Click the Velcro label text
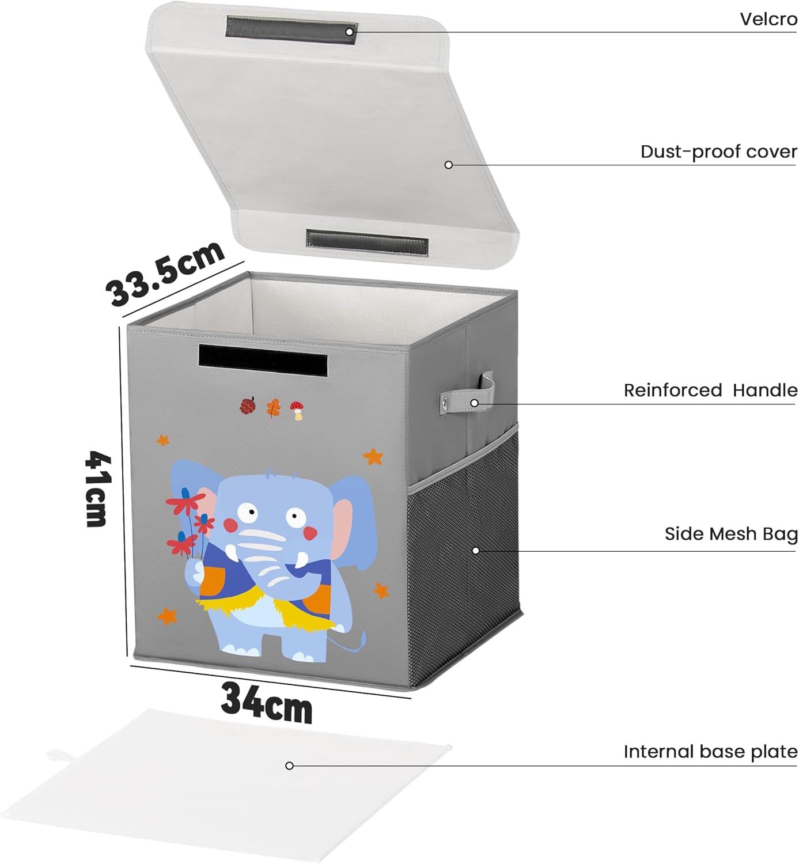pos(768,20)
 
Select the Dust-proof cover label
pos(718,152)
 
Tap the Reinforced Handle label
pos(710,391)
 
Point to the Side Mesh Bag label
pos(730,534)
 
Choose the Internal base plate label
pos(710,752)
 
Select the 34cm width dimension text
pos(266,702)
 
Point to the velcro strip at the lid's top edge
pos(291,29)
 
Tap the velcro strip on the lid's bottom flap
pos(367,241)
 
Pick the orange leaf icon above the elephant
pos(272,408)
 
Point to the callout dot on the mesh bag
pos(475,551)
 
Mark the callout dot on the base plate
pos(289,766)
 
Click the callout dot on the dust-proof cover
pos(448,165)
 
